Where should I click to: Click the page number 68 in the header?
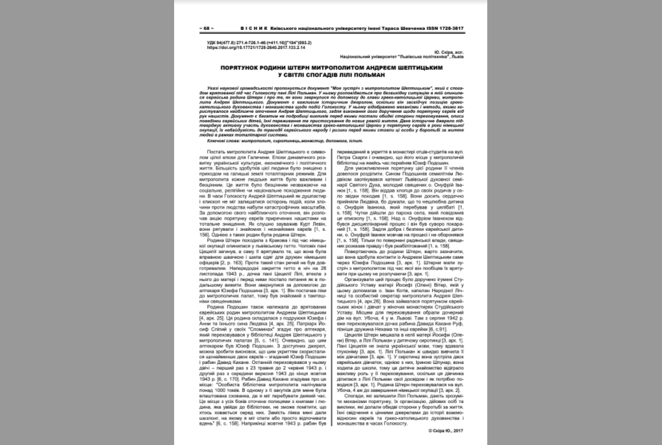click(x=207, y=29)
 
